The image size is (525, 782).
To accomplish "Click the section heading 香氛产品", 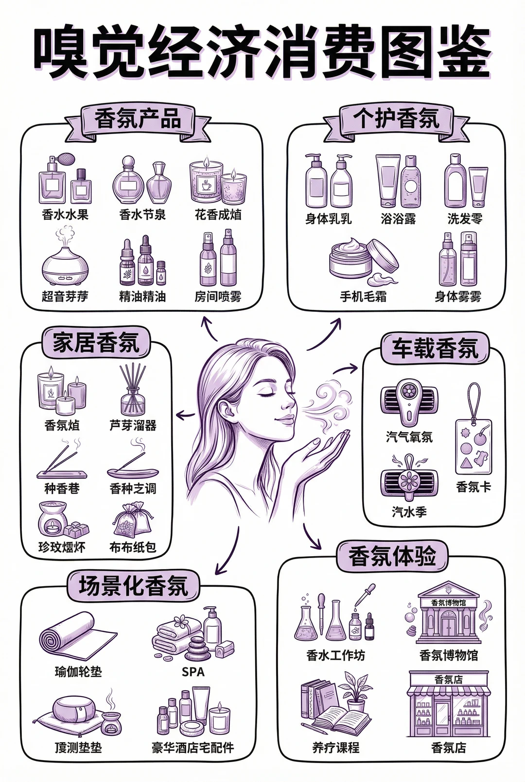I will [138, 119].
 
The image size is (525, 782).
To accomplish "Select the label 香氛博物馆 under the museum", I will [448, 655].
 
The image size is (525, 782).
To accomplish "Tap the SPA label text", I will [193, 672].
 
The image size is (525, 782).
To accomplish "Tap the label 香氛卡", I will [473, 487].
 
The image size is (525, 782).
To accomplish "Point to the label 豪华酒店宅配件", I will [192, 748].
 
